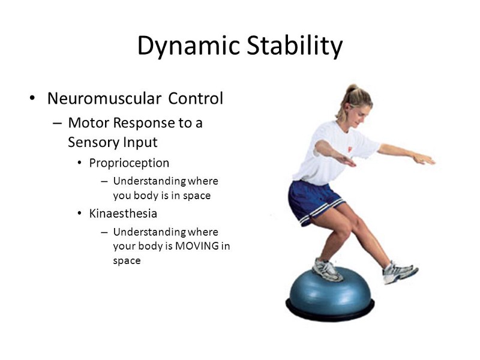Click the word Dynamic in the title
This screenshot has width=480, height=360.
point(188,46)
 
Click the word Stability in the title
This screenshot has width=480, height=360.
point(295,46)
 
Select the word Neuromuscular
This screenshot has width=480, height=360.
point(104,98)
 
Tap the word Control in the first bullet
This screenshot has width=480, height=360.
point(196,98)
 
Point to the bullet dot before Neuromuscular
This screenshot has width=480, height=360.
point(32,98)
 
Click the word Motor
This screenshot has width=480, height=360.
point(88,123)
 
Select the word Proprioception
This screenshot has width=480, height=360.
point(129,163)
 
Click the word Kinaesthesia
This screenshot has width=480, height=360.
point(123,214)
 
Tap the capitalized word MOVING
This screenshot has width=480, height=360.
point(197,246)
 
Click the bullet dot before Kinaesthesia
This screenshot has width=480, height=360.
point(80,214)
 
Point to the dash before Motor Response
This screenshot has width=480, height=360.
point(57,123)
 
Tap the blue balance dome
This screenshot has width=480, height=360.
point(330,292)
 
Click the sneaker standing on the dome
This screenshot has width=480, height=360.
point(327,271)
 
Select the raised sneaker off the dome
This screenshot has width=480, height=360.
point(399,272)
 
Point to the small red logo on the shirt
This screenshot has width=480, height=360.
point(350,149)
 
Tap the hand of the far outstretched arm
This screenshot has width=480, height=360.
point(424,159)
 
